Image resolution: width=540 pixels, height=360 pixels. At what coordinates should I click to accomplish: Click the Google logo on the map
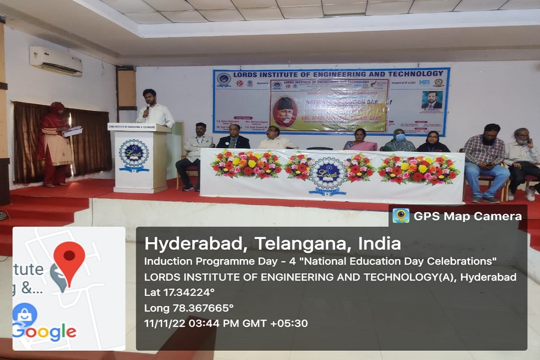[x=44, y=332]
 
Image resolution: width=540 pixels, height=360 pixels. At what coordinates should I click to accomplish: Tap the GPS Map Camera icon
[x=401, y=216]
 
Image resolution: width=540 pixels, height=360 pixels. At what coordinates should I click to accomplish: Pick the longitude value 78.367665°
[x=203, y=308]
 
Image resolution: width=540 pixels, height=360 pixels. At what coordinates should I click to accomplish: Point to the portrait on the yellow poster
[x=285, y=111]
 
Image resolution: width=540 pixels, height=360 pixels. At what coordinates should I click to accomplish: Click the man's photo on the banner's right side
[x=432, y=100]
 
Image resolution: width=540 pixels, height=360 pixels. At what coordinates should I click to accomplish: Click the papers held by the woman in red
[x=72, y=131]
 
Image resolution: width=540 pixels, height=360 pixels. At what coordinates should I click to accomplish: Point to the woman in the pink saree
[x=360, y=140]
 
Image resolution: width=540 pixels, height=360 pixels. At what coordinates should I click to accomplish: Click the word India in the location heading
[x=379, y=244]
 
